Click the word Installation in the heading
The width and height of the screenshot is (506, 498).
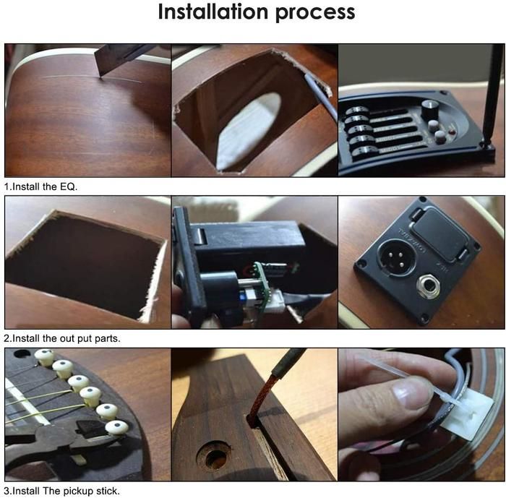213,12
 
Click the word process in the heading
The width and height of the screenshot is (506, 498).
315,14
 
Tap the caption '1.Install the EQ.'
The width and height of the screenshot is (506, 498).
40,186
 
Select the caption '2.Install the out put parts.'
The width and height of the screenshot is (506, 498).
62,338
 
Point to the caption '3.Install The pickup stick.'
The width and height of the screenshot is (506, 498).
62,491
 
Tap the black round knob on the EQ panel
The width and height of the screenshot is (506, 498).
430,109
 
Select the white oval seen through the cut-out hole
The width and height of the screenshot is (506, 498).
249,132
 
